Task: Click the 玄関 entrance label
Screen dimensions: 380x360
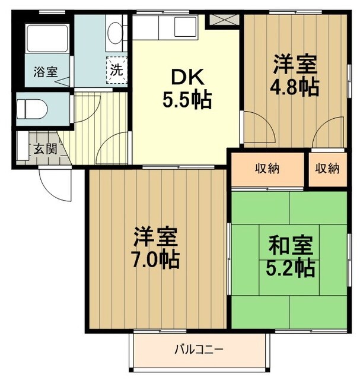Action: [44, 148]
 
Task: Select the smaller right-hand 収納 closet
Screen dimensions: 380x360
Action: [327, 169]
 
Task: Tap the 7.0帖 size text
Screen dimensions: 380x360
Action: [155, 260]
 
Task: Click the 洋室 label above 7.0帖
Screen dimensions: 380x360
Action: [155, 237]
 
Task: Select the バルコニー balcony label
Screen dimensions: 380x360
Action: [198, 349]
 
